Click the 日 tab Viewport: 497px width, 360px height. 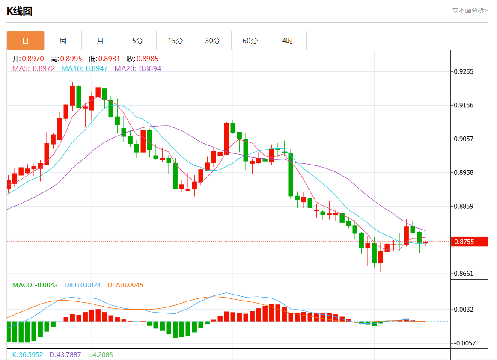click(x=25, y=41)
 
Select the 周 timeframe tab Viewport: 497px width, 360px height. click(x=63, y=41)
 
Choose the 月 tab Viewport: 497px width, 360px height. click(x=100, y=41)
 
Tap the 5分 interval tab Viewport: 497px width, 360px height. click(x=138, y=41)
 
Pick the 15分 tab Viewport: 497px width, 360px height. click(x=175, y=41)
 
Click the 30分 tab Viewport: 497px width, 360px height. click(x=213, y=41)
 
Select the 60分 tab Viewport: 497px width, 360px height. click(x=250, y=41)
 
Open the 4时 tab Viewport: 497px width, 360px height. click(x=288, y=41)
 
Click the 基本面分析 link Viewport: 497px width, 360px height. click(x=470, y=11)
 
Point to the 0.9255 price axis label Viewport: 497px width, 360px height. click(x=464, y=71)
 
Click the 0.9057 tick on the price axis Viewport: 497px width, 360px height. click(x=464, y=139)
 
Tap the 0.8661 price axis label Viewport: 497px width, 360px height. click(x=464, y=274)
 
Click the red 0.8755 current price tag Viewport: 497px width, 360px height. click(x=469, y=242)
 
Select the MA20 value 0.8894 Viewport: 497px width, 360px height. click(x=150, y=68)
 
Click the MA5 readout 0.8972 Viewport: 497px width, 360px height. click(x=44, y=68)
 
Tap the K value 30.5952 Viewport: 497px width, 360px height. click(x=31, y=355)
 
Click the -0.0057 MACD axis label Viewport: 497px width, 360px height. click(x=465, y=343)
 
